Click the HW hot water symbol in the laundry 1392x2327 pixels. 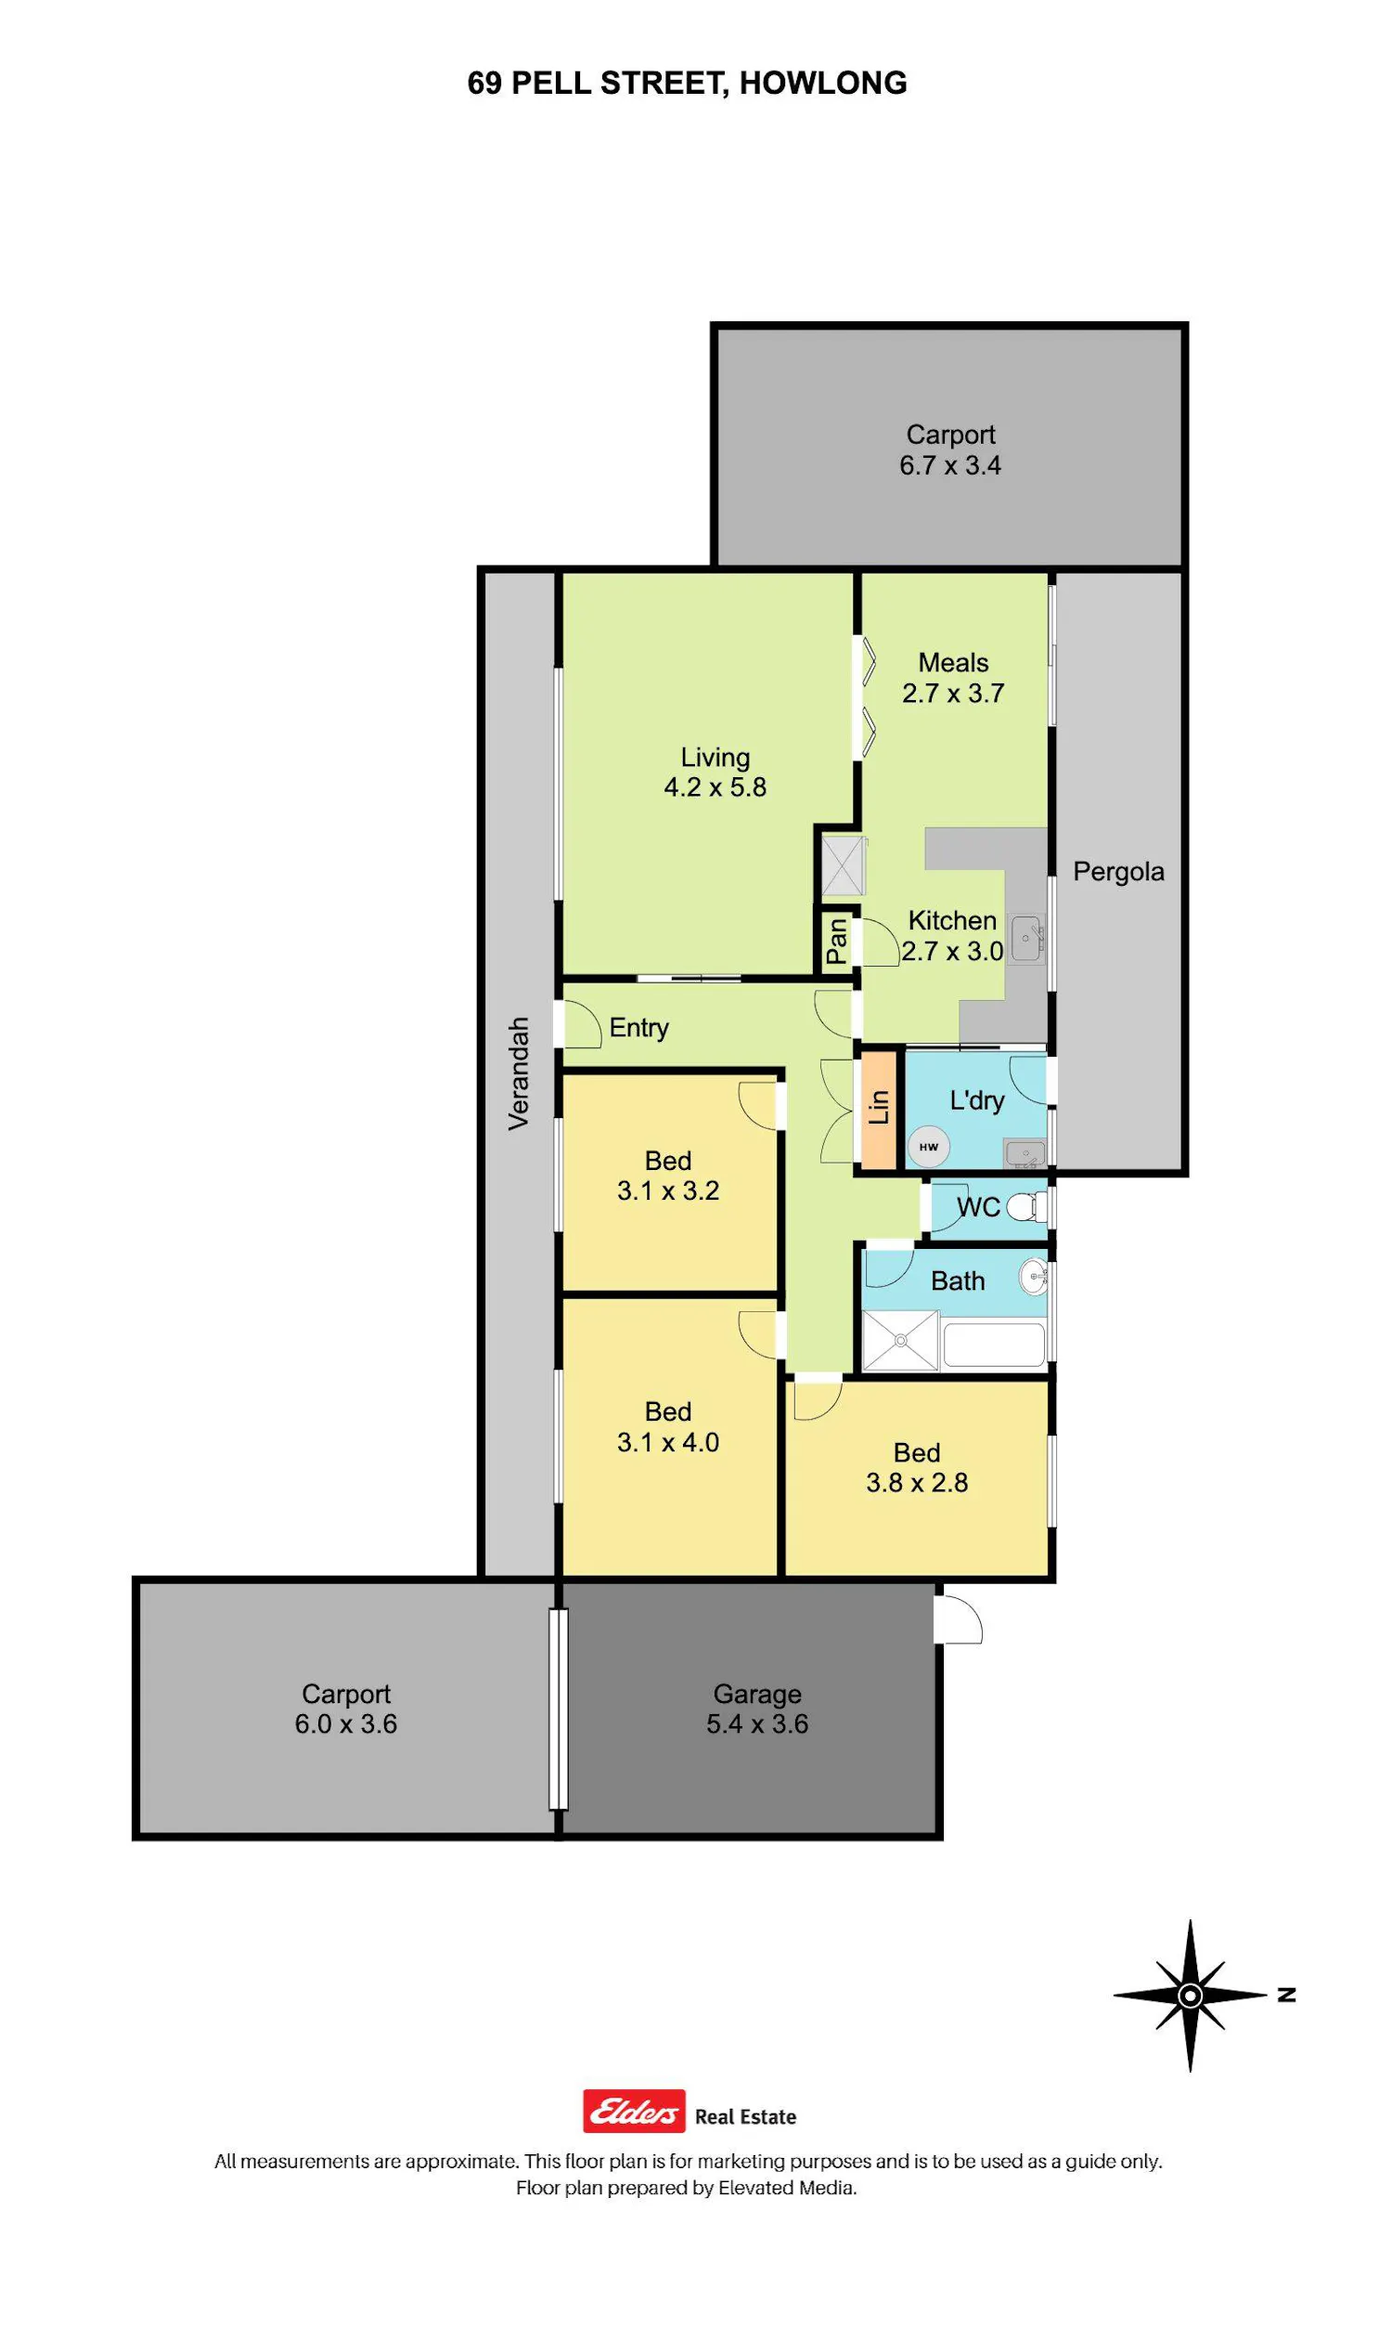point(929,1146)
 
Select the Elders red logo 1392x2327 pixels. point(634,2112)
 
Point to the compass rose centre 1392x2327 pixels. point(1191,1995)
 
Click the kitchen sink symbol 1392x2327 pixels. point(1028,937)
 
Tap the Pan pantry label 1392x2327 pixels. point(837,942)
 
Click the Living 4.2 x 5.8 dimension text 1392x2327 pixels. point(715,786)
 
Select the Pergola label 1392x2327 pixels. point(1118,872)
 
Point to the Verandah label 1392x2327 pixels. point(519,1073)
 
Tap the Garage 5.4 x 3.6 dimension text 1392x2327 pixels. point(758,1723)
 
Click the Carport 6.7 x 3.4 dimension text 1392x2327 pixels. point(950,465)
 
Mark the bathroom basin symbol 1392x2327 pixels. point(1034,1276)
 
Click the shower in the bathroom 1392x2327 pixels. point(900,1340)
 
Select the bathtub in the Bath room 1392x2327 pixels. point(994,1344)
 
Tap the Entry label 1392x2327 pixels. point(638,1028)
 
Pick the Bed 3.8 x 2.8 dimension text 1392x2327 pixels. point(917,1483)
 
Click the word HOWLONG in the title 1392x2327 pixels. point(822,84)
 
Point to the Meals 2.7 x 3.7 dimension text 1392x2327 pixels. point(953,694)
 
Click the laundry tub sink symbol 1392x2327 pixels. point(1025,1152)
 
